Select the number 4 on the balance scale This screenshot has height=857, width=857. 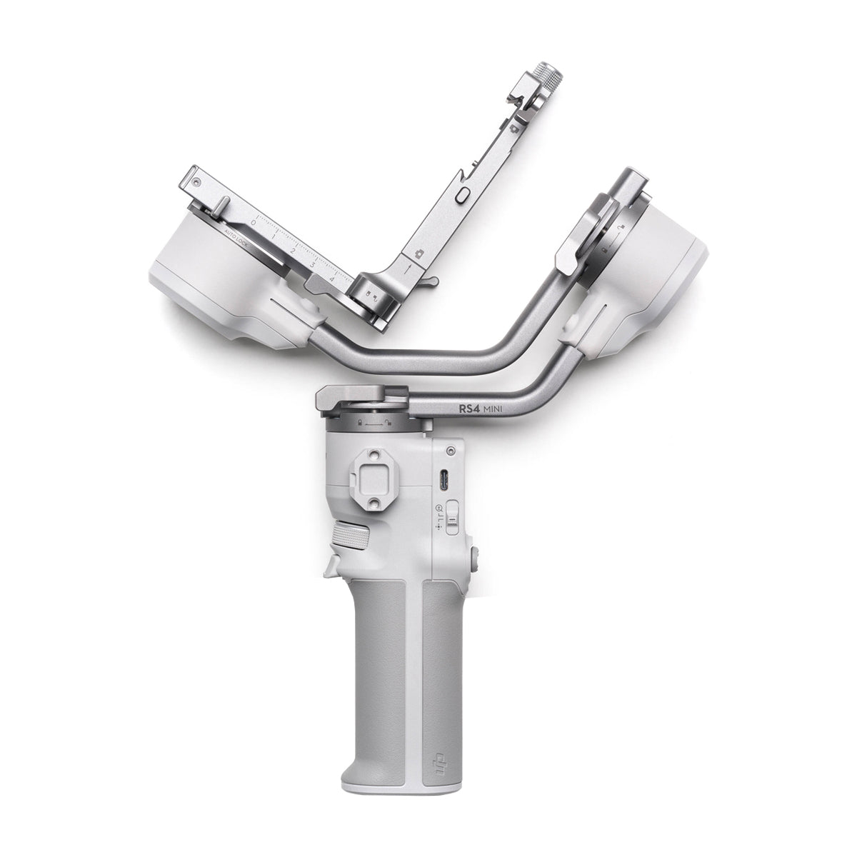[331, 281]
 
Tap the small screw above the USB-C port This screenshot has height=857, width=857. [450, 452]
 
